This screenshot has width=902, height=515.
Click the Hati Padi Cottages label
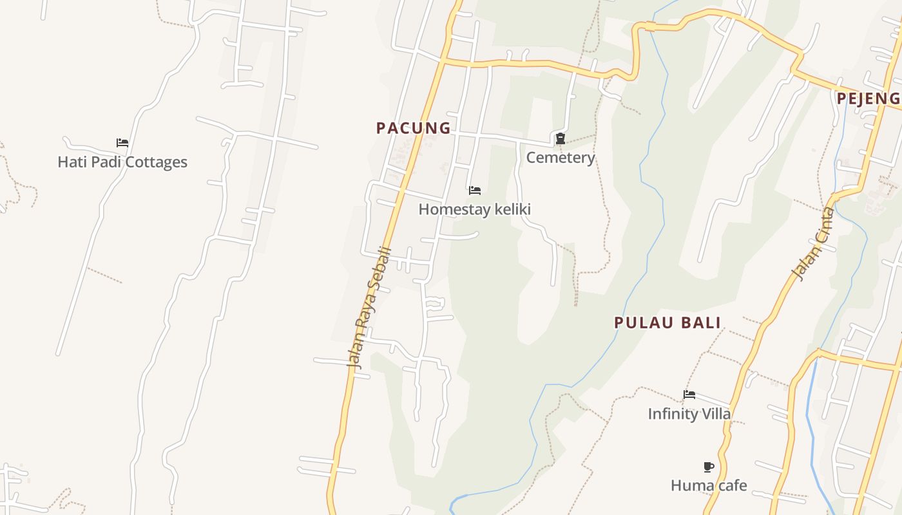[122, 162]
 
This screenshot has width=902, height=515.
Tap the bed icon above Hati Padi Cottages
[122, 143]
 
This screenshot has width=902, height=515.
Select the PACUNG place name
[414, 128]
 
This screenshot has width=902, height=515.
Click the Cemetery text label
[561, 158]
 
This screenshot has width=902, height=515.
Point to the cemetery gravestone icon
[561, 138]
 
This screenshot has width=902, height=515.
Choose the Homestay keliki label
[475, 209]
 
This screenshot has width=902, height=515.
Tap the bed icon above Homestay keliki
[475, 191]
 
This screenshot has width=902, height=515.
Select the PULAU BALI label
[667, 323]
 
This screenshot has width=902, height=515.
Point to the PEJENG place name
[868, 98]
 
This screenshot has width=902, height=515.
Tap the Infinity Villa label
[689, 414]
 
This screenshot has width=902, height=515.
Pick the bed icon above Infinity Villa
[689, 395]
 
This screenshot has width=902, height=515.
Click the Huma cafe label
[709, 485]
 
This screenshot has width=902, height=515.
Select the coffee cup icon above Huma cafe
[709, 467]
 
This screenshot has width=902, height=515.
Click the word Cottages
[157, 162]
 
